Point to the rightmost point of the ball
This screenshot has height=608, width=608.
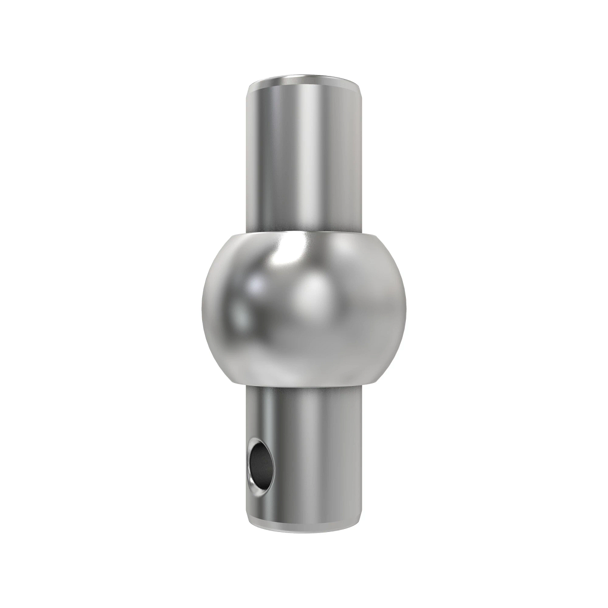406,304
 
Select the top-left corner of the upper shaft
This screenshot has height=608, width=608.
248,87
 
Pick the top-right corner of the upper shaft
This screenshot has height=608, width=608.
361,87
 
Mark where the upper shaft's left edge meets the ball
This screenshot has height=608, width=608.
247,231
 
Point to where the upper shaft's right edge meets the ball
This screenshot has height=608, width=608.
362,231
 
